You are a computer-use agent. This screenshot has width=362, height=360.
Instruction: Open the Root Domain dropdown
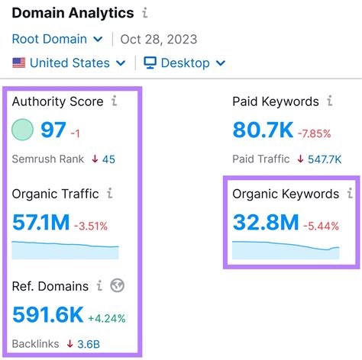57,38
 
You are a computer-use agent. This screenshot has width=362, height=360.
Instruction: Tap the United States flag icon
18,63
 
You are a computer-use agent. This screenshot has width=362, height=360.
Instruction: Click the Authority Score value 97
53,130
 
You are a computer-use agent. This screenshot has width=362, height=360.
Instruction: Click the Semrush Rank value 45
108,159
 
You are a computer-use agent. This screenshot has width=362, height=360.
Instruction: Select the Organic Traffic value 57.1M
40,224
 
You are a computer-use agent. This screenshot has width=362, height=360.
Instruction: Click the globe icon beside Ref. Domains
118,286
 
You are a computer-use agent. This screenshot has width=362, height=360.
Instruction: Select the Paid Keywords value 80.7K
263,130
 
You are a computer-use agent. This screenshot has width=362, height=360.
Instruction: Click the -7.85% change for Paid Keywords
315,133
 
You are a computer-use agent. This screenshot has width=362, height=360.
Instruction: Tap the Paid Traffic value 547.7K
326,159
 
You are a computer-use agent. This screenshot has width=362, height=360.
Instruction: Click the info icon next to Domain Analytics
145,13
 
